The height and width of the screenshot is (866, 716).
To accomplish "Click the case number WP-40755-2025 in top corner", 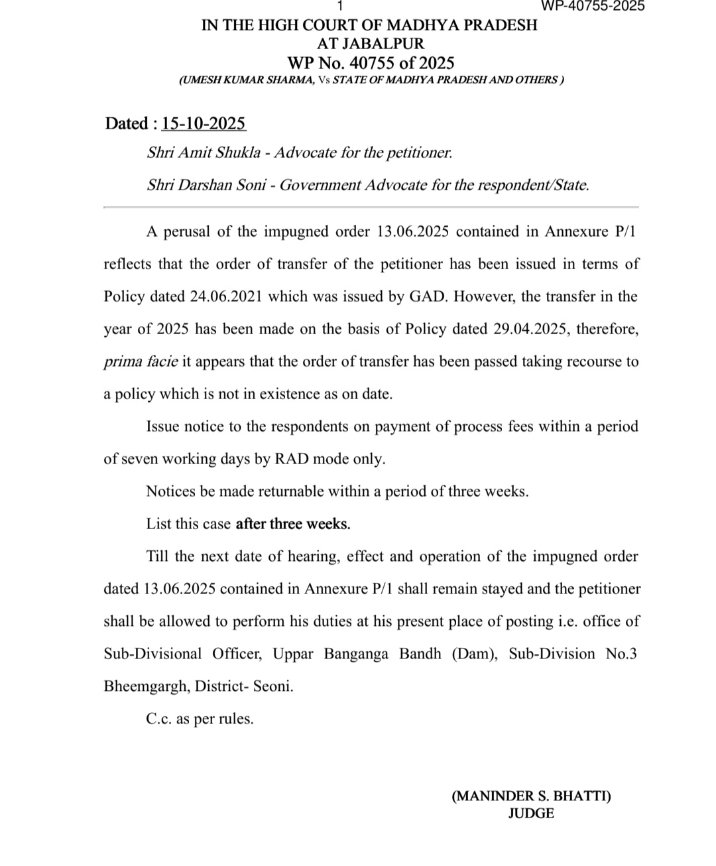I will (593, 6).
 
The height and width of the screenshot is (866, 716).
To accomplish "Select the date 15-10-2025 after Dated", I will (204, 124).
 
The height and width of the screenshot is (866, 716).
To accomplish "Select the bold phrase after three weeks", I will (293, 524).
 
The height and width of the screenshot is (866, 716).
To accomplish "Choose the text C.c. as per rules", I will (200, 719).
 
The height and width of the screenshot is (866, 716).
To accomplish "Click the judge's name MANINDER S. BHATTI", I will (531, 796).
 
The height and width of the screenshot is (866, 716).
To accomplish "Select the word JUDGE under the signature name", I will (531, 813).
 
